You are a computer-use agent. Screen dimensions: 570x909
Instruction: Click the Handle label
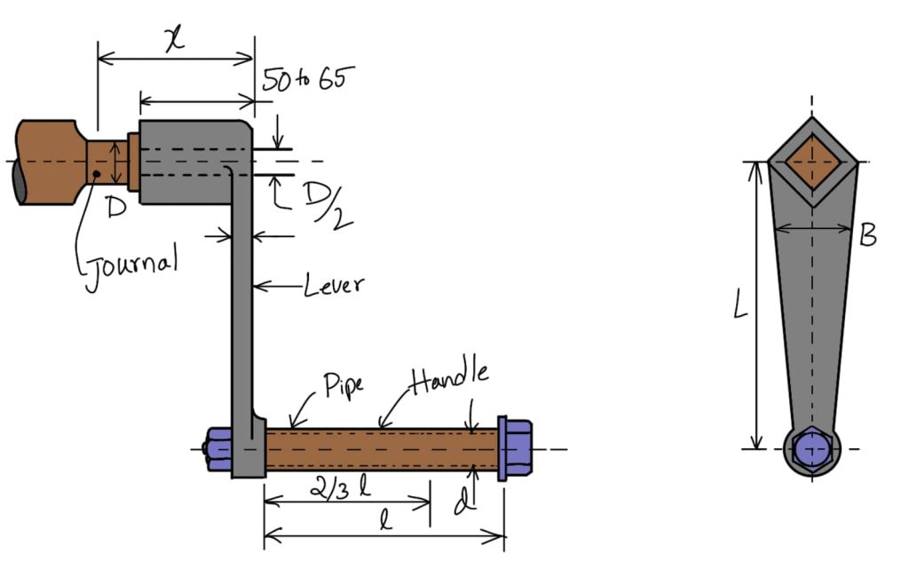click(449, 377)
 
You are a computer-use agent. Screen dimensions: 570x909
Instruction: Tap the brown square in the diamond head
click(812, 162)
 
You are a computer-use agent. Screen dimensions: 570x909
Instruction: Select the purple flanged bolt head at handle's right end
click(513, 448)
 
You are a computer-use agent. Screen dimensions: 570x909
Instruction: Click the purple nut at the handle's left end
click(218, 449)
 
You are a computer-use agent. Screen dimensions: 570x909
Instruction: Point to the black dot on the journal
click(97, 173)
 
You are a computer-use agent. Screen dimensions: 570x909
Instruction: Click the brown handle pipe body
click(382, 448)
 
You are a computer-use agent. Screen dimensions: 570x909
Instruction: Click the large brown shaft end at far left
click(46, 162)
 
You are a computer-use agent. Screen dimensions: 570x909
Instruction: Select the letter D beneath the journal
click(115, 210)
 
